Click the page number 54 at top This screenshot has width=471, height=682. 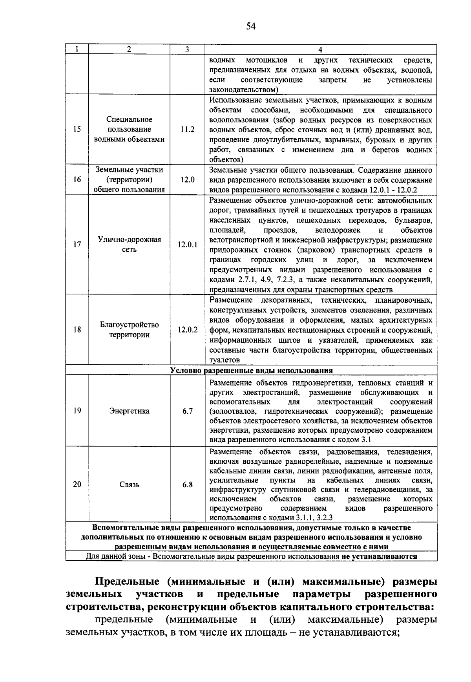251,26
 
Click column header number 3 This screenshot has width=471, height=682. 187,49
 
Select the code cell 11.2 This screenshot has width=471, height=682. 187,129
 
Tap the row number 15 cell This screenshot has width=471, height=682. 77,129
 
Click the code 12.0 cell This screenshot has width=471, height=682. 187,180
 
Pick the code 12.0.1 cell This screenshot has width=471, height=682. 187,245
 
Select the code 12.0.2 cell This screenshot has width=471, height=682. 187,330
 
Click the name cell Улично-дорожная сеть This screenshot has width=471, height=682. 129,245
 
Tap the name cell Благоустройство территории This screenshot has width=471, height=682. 129,330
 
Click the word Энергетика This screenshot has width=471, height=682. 129,411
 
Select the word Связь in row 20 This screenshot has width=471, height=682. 129,485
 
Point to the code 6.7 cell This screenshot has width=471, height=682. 187,411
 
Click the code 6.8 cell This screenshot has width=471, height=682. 187,485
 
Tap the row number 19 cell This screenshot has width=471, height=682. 77,411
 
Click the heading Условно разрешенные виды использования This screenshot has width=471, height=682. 251,370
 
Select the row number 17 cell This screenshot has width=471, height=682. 77,245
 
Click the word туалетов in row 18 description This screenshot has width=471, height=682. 224,360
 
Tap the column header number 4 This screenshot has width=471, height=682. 320,49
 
